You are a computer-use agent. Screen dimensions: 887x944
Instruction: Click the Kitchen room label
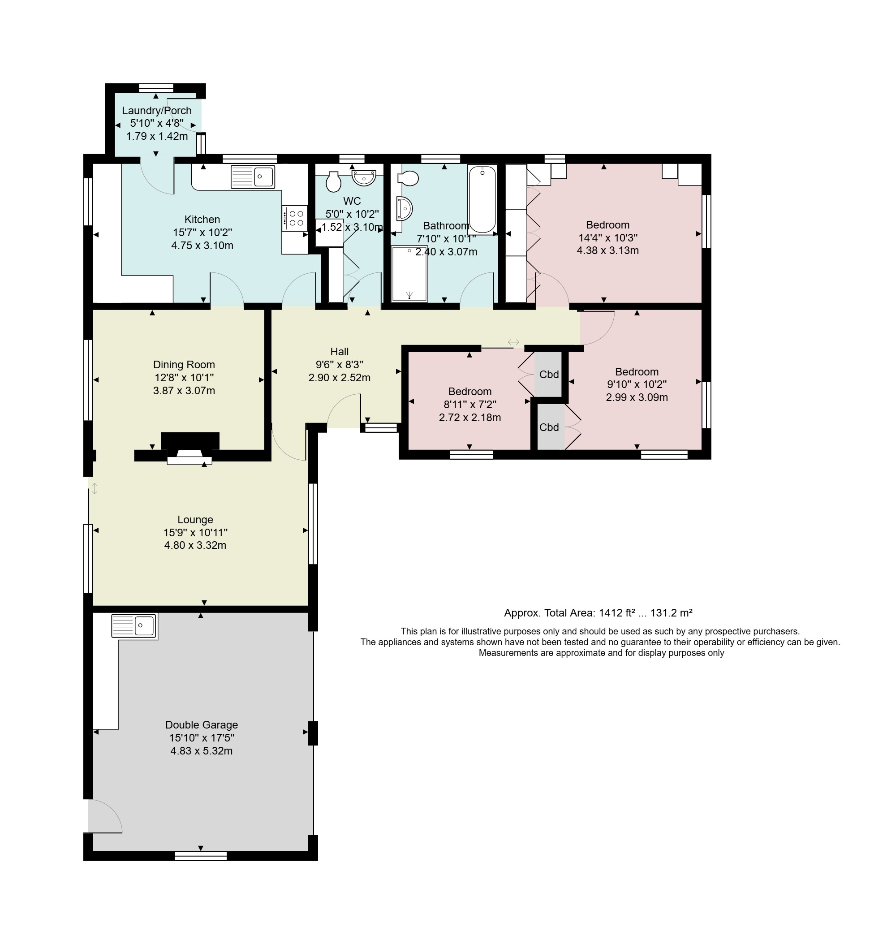(x=202, y=220)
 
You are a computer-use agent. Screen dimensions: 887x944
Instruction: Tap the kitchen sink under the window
(x=253, y=177)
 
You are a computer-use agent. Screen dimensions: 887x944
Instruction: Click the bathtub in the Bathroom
(x=482, y=199)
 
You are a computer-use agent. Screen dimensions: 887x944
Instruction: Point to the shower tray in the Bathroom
(x=409, y=273)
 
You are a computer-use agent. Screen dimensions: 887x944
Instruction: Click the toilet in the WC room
(x=334, y=181)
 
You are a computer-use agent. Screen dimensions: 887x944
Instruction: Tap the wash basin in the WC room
(x=364, y=178)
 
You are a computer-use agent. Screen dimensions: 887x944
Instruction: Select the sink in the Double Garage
(x=134, y=626)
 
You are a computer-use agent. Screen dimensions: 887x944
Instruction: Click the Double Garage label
(x=201, y=724)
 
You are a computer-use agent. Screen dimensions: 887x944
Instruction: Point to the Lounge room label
(x=195, y=519)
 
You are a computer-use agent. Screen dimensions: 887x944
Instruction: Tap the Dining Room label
(x=184, y=365)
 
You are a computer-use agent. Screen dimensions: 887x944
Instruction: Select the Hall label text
(x=340, y=352)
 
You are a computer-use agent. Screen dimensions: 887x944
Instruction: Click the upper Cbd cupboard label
(x=549, y=375)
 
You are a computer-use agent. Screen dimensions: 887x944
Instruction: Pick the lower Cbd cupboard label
(x=549, y=427)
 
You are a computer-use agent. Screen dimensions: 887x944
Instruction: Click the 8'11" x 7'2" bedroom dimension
(x=470, y=405)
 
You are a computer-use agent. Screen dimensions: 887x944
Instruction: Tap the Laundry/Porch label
(x=157, y=111)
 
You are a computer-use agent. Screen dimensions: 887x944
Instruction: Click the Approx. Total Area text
(x=599, y=613)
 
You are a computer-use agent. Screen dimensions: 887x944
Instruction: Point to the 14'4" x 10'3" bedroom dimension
(x=608, y=238)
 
